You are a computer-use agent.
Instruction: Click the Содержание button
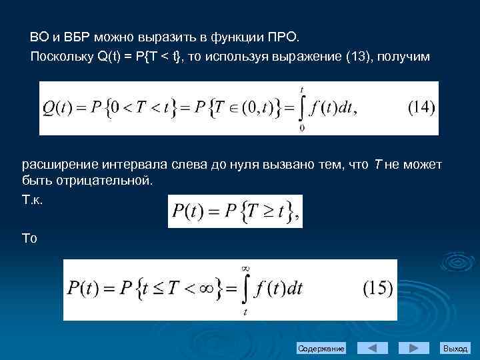pyautogui.click(x=321, y=349)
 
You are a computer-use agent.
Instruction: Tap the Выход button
pyautogui.click(x=455, y=349)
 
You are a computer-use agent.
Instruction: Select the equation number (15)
pyautogui.click(x=378, y=289)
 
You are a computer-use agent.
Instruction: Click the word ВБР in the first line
pyautogui.click(x=77, y=35)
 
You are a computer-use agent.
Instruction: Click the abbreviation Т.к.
pyautogui.click(x=32, y=199)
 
